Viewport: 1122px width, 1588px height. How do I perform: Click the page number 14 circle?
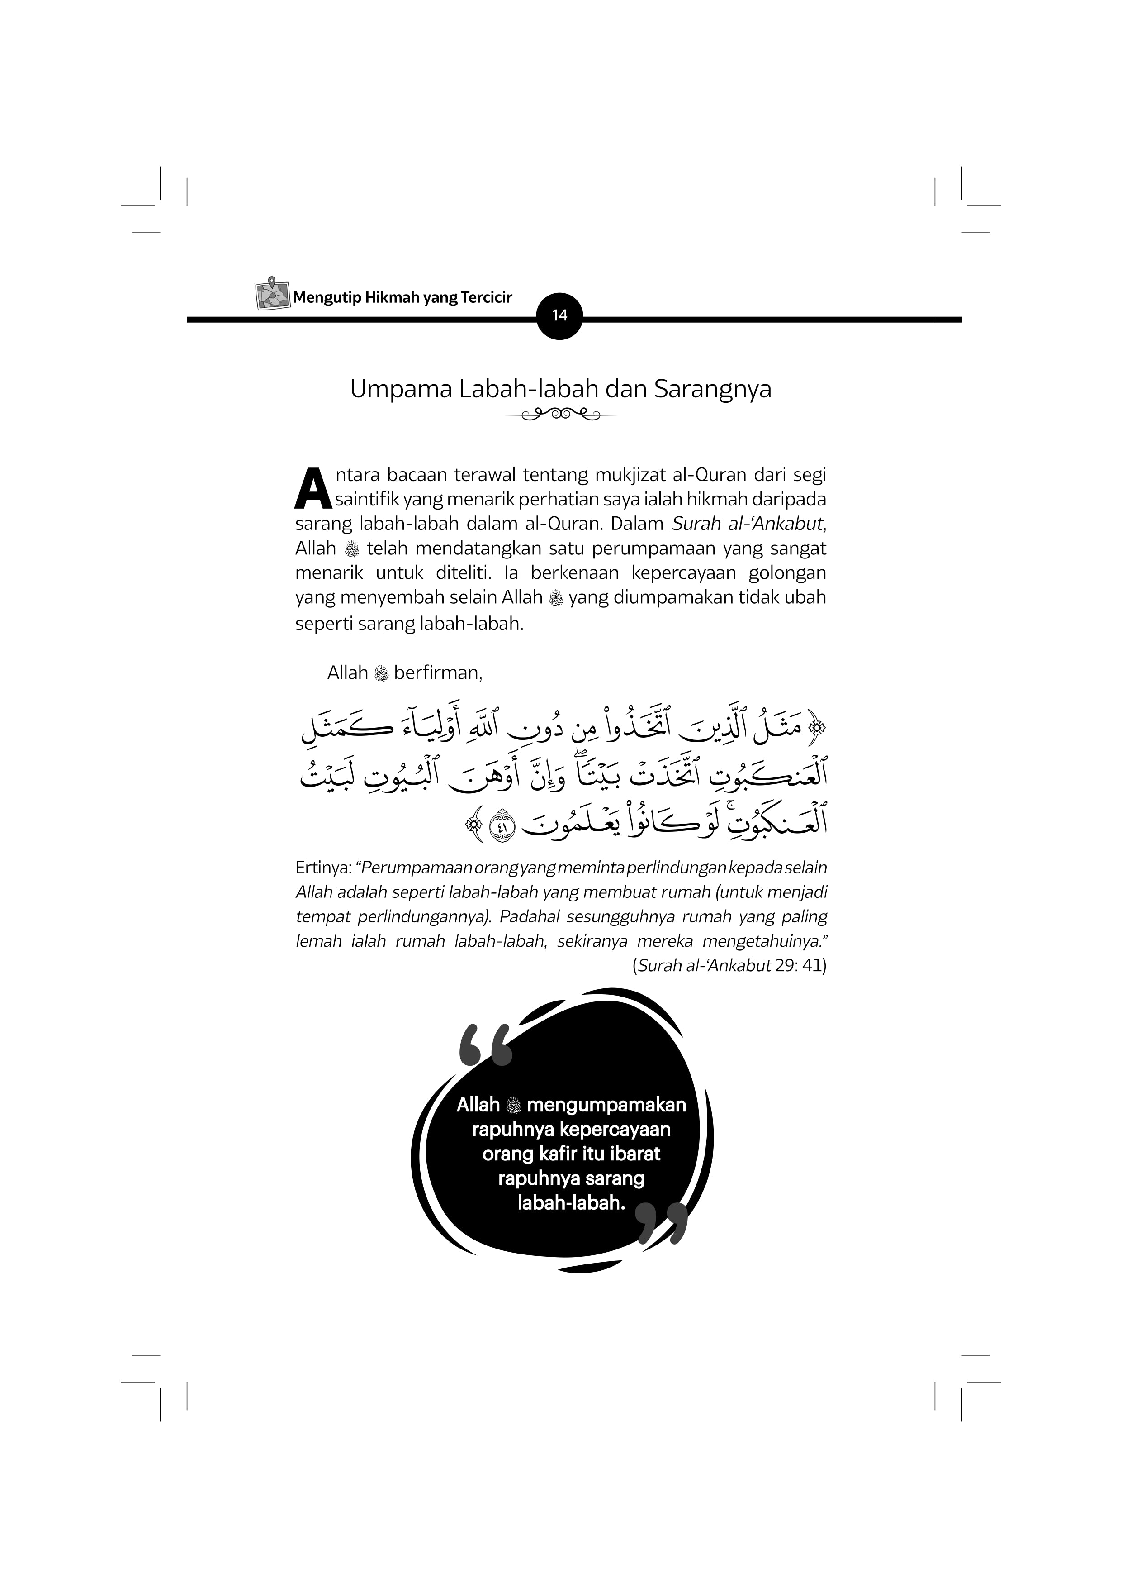(559, 316)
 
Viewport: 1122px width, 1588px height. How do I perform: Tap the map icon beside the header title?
(272, 294)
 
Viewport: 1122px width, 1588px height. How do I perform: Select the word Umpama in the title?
(399, 389)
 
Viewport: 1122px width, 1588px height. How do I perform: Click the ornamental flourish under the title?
(561, 415)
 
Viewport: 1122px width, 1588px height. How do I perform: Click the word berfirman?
(438, 672)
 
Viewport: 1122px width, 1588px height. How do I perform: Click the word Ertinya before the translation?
(323, 868)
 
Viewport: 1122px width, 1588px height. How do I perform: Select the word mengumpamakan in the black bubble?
(606, 1105)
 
